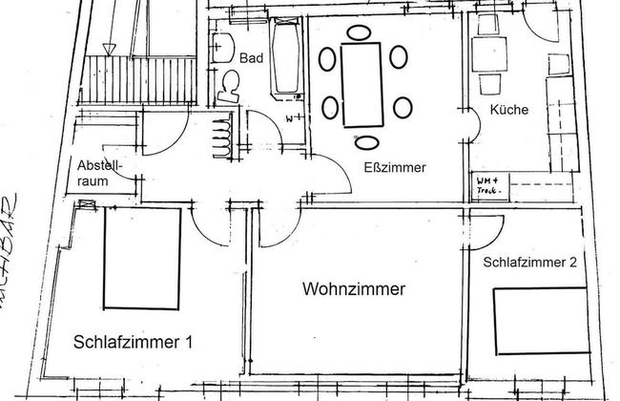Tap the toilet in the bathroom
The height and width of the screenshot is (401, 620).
(x=230, y=87)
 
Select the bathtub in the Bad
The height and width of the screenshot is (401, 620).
(x=284, y=57)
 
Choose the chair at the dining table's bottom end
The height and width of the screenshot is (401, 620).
(x=367, y=143)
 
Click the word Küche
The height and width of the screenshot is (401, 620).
(x=508, y=111)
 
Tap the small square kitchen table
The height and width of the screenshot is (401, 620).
(x=493, y=60)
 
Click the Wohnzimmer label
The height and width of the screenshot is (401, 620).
(x=352, y=287)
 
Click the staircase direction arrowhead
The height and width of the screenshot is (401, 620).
(x=110, y=47)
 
